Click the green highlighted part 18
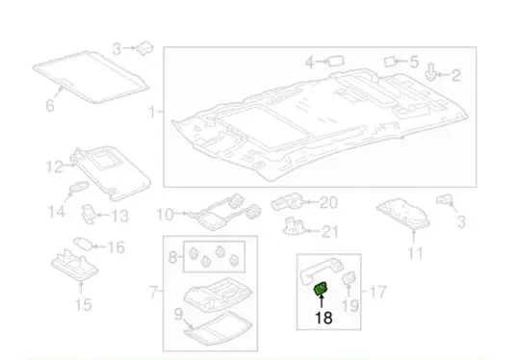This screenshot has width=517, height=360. (x=320, y=289)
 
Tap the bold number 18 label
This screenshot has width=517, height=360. (x=323, y=318)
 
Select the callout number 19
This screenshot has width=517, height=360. (x=350, y=305)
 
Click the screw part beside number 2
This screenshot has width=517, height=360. (x=430, y=72)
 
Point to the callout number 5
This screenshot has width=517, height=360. (x=414, y=62)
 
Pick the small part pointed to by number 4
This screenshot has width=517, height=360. (x=336, y=62)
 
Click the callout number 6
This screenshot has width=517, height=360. (x=49, y=106)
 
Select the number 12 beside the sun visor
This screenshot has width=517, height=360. (x=55, y=167)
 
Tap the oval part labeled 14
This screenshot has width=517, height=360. (x=79, y=187)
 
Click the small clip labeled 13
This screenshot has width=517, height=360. (x=89, y=214)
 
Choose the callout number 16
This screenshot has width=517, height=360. (x=116, y=247)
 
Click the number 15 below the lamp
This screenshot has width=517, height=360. (x=84, y=304)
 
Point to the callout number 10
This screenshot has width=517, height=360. (x=165, y=215)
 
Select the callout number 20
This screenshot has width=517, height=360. (x=328, y=202)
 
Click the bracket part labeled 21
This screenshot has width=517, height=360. (x=294, y=226)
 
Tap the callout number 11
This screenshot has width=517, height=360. (x=415, y=253)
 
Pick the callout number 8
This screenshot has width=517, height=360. (x=172, y=257)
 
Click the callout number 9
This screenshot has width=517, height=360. (x=178, y=314)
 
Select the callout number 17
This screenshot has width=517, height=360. (x=377, y=292)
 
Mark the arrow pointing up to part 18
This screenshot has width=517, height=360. (x=322, y=301)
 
